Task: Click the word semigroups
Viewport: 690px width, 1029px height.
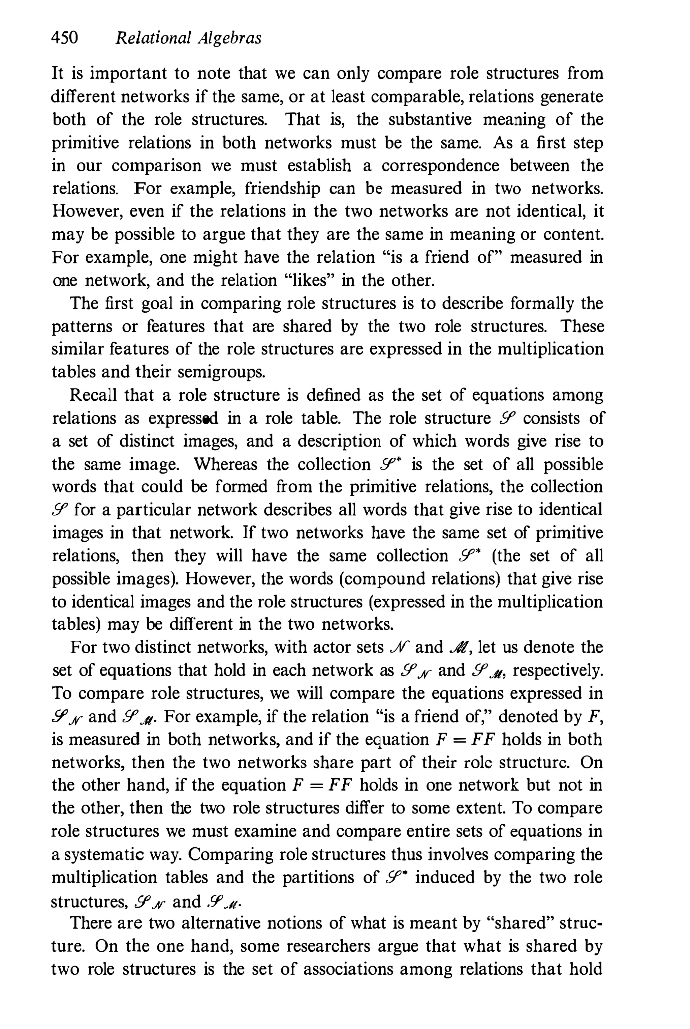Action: click(x=222, y=372)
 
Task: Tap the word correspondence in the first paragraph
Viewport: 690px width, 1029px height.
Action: click(x=440, y=166)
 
